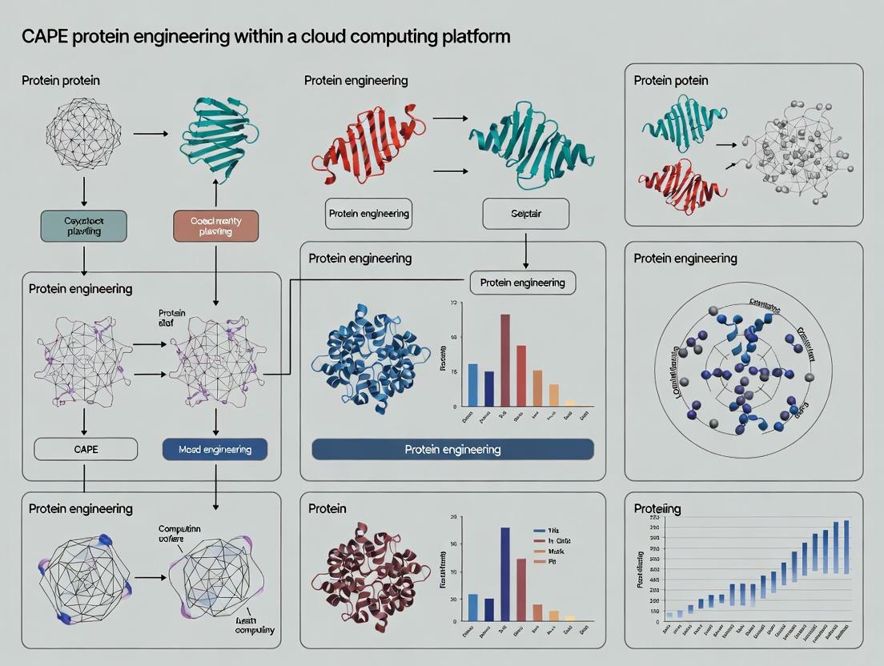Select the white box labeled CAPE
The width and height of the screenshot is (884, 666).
(x=85, y=449)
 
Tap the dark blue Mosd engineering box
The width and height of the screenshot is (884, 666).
(x=215, y=449)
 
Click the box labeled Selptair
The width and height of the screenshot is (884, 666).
(x=525, y=214)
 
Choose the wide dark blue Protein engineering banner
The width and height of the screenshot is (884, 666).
(x=452, y=449)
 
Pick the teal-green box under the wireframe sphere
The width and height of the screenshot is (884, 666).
(x=82, y=226)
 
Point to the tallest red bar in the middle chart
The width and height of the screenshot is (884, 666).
(x=505, y=360)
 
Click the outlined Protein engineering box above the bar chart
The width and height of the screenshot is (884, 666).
(x=522, y=283)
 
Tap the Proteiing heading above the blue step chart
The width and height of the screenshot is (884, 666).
(x=657, y=508)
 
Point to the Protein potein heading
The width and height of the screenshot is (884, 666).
(x=671, y=81)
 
